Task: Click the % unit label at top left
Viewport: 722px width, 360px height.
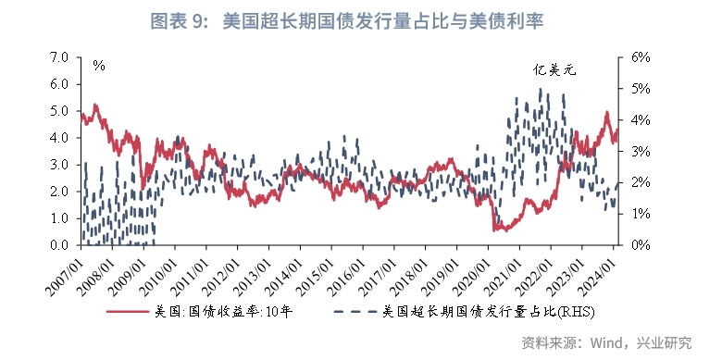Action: [x=99, y=66]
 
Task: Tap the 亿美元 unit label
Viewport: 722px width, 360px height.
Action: [x=553, y=69]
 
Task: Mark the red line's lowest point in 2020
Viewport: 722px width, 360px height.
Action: [x=495, y=230]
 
